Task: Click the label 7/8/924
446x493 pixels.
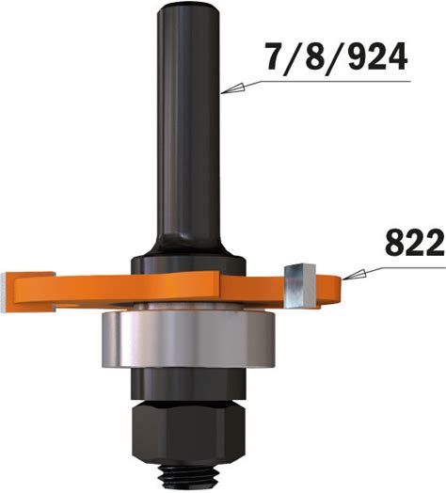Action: click(x=336, y=59)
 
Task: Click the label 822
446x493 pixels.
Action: click(x=416, y=243)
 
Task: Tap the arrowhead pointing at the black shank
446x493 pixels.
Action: click(x=233, y=88)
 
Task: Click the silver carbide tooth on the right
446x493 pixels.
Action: click(x=299, y=286)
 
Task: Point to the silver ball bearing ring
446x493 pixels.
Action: click(x=188, y=340)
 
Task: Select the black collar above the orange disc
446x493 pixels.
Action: click(x=188, y=264)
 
